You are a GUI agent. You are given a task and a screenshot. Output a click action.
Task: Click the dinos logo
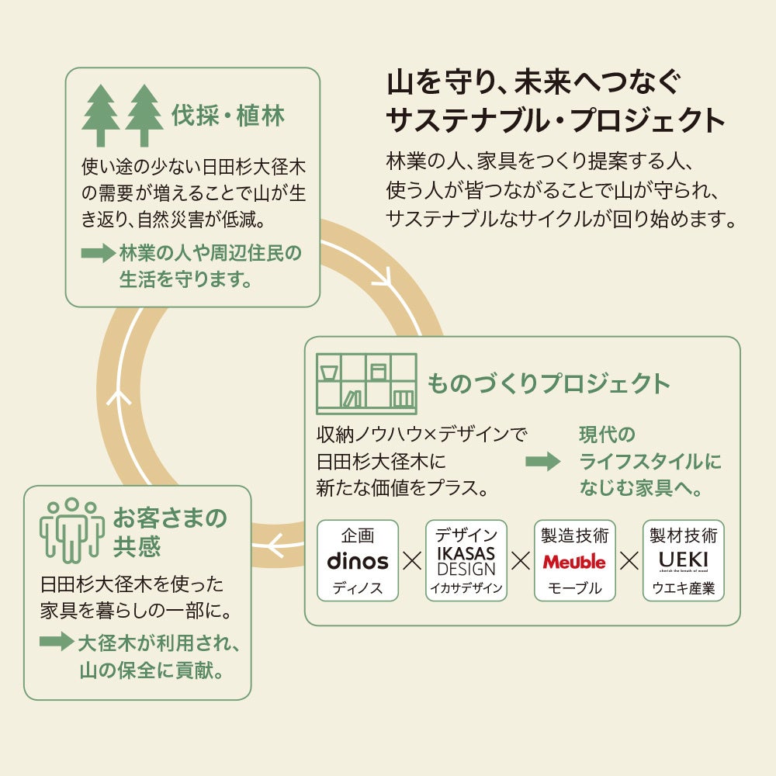click(x=358, y=560)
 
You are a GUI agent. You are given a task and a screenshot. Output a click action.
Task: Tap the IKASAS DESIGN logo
click(x=466, y=560)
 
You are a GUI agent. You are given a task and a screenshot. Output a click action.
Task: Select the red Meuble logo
click(x=574, y=561)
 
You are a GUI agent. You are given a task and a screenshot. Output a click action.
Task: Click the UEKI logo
click(x=684, y=559)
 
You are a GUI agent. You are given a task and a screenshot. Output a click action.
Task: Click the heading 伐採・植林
click(x=227, y=116)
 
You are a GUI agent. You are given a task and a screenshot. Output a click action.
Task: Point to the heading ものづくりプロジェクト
click(x=549, y=383)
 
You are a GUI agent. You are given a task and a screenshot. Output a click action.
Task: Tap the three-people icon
click(x=72, y=528)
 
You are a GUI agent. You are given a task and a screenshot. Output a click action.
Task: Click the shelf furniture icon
click(x=366, y=383)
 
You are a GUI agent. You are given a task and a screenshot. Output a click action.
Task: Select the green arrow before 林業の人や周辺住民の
click(x=98, y=254)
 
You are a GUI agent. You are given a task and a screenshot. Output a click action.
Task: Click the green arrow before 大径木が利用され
click(x=57, y=642)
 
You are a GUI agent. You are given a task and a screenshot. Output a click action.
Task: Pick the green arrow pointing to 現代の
click(x=542, y=462)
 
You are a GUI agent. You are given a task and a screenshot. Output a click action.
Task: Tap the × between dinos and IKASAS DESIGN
click(x=412, y=561)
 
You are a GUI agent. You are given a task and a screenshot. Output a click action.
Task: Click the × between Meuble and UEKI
click(x=629, y=561)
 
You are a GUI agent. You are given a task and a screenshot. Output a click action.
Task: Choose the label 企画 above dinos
click(x=358, y=535)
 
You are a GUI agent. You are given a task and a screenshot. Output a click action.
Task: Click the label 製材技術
click(x=684, y=535)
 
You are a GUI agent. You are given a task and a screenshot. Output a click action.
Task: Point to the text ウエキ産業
click(x=684, y=587)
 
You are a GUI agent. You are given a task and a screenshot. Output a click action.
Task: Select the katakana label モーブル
click(x=575, y=587)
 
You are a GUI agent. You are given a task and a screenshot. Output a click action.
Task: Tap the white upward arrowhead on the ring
click(x=120, y=397)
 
